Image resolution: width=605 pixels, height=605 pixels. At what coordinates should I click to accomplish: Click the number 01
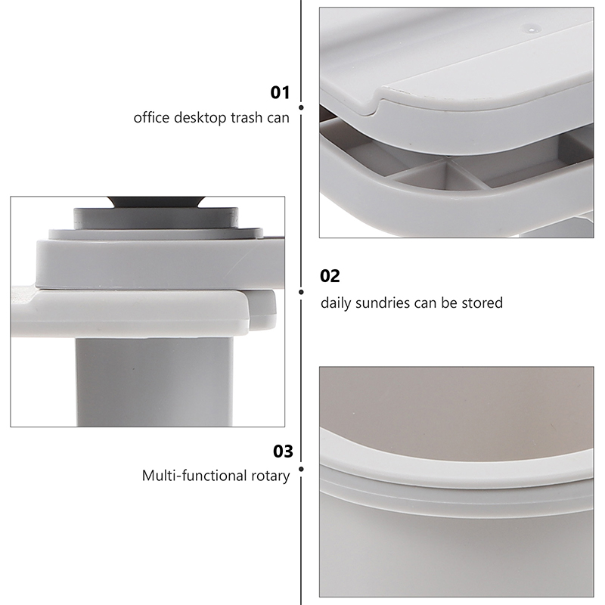(280, 92)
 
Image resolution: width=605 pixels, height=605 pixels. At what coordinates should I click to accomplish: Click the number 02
(330, 276)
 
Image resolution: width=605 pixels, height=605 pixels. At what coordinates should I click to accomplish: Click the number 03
(283, 451)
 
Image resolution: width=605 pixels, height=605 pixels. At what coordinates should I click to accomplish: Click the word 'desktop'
(200, 118)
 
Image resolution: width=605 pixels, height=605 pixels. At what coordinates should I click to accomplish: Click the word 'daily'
(336, 304)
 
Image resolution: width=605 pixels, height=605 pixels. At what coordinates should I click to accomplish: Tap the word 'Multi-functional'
(194, 476)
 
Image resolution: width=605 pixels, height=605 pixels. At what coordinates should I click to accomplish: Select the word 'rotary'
(270, 476)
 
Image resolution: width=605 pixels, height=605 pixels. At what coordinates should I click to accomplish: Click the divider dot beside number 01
(301, 107)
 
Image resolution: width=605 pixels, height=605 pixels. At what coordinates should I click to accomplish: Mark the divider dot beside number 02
(301, 292)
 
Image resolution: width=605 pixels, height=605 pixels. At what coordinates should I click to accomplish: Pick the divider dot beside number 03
(301, 469)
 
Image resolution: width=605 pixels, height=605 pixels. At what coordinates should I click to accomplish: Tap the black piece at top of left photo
(156, 202)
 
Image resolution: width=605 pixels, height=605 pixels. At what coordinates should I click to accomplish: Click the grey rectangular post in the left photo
(154, 382)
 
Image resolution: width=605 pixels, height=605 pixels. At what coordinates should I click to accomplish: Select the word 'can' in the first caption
(278, 118)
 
